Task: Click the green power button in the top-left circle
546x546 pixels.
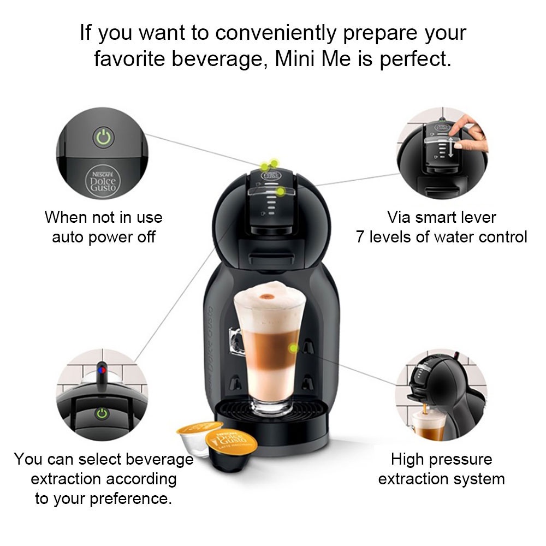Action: (x=103, y=138)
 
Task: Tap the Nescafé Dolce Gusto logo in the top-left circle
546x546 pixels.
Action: (x=103, y=181)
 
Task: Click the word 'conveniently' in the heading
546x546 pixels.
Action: (x=276, y=33)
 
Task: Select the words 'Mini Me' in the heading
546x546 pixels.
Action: (x=313, y=58)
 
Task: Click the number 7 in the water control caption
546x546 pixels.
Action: (x=360, y=237)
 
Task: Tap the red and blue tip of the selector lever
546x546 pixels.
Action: (x=102, y=369)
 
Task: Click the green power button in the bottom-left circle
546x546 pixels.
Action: (x=102, y=413)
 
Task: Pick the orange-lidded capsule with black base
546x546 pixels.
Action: (x=231, y=450)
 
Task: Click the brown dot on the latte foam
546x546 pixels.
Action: (x=268, y=296)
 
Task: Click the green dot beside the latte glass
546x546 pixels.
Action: (x=294, y=348)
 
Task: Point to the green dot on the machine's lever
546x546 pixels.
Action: (x=280, y=191)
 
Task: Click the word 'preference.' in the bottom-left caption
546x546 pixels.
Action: (x=131, y=499)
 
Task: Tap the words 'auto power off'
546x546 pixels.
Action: (x=104, y=237)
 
